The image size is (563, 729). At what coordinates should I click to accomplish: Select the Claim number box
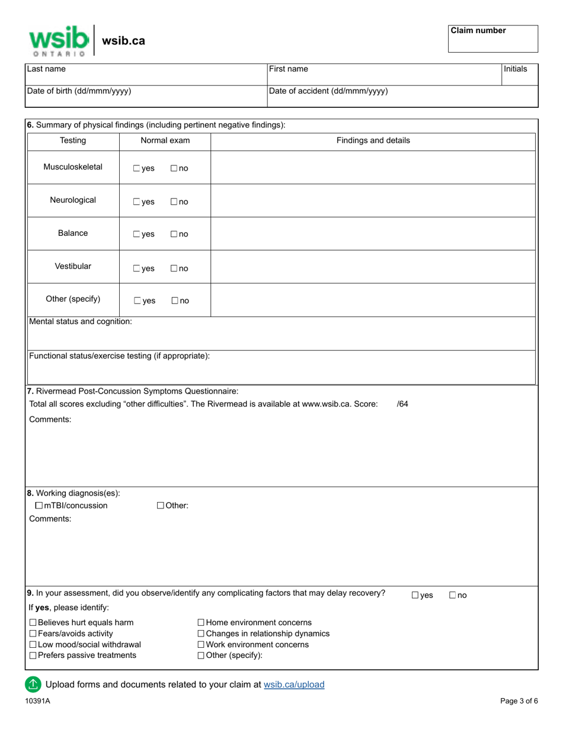tap(492, 39)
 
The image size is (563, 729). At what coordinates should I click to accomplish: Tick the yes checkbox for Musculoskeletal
tap(137, 168)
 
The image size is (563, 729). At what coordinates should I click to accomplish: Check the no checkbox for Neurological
tap(174, 202)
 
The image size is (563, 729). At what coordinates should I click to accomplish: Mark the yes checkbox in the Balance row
tap(137, 235)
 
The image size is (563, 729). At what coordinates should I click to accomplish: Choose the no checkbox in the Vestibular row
tap(174, 268)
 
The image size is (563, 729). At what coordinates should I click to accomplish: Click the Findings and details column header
tap(373, 141)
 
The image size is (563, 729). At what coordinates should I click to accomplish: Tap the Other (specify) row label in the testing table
tap(73, 299)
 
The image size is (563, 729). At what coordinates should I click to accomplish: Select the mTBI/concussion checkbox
tap(39, 506)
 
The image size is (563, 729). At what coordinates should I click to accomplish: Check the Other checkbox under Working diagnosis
tap(161, 506)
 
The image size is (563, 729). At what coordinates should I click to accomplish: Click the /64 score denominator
tap(402, 404)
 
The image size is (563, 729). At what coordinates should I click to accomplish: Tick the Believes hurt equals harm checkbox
tap(33, 623)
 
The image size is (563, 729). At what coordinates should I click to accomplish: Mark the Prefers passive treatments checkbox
tap(33, 656)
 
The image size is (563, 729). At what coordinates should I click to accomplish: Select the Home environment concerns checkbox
tap(201, 623)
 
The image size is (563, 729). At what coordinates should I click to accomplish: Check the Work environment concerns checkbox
tap(201, 645)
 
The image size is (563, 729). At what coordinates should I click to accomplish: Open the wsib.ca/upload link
tap(294, 685)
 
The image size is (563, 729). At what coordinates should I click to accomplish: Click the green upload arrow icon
tap(33, 685)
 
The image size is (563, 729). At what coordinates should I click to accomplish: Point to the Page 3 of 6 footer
tap(519, 701)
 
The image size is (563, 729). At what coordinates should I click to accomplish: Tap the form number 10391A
tap(37, 701)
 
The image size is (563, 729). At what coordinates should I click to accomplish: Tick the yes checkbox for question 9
tap(415, 596)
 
